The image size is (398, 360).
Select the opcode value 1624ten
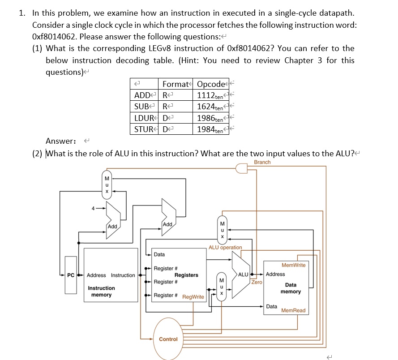click(x=210, y=107)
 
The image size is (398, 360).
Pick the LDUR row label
click(x=143, y=118)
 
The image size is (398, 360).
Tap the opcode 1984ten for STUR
click(x=210, y=130)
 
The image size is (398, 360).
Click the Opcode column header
click(x=211, y=84)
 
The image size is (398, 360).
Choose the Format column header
click(x=175, y=84)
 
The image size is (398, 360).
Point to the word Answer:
click(x=61, y=141)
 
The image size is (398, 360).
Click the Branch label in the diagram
click(x=262, y=162)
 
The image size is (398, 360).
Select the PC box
click(x=71, y=275)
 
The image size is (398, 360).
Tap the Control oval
click(x=168, y=339)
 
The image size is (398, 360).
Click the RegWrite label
click(x=193, y=297)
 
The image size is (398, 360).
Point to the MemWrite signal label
click(x=293, y=265)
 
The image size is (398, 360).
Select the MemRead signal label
click(x=293, y=310)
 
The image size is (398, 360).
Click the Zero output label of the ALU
click(x=257, y=282)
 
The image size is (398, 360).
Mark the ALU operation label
click(x=225, y=247)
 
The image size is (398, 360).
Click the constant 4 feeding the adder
click(x=93, y=207)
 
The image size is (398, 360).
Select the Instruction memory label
click(x=101, y=291)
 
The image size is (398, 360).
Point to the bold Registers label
click(x=186, y=275)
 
